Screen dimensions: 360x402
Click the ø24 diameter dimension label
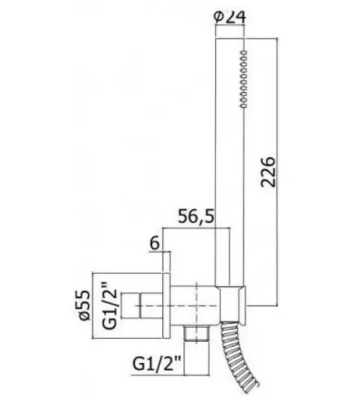[x=230, y=17]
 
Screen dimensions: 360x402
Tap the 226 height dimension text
[x=268, y=172]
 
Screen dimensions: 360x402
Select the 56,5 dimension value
[x=196, y=216]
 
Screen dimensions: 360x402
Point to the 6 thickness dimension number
[x=155, y=243]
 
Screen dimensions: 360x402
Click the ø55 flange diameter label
[x=85, y=305]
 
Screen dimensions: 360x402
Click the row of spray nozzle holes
[x=243, y=79]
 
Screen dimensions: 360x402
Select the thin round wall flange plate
[x=167, y=306]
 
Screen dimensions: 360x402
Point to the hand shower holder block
[x=232, y=303]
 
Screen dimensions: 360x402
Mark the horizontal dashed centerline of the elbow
[x=177, y=305]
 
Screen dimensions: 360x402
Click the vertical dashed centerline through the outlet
[x=197, y=313]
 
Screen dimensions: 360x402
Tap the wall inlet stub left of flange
[x=141, y=306]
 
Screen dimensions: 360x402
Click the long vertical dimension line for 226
[x=278, y=172]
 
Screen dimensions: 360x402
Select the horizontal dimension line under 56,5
[x=197, y=228]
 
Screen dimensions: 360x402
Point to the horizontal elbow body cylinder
[x=194, y=306]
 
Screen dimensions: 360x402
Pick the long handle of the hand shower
[x=230, y=162]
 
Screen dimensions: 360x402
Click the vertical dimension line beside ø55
[x=92, y=306]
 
